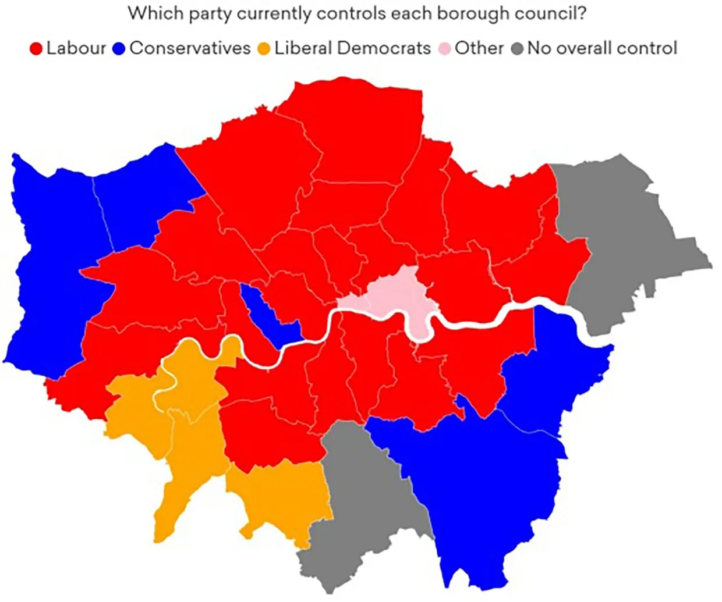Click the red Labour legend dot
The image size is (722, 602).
click(37, 48)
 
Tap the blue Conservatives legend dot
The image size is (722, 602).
click(119, 48)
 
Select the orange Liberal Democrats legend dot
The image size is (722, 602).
click(264, 48)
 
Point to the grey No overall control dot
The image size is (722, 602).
click(517, 48)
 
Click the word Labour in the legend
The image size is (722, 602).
click(76, 48)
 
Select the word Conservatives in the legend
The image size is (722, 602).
click(190, 48)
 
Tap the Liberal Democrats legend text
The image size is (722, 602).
click(352, 48)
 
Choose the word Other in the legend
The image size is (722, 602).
click(479, 48)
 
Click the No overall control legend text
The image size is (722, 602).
click(602, 48)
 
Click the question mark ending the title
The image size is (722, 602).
click(581, 13)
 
